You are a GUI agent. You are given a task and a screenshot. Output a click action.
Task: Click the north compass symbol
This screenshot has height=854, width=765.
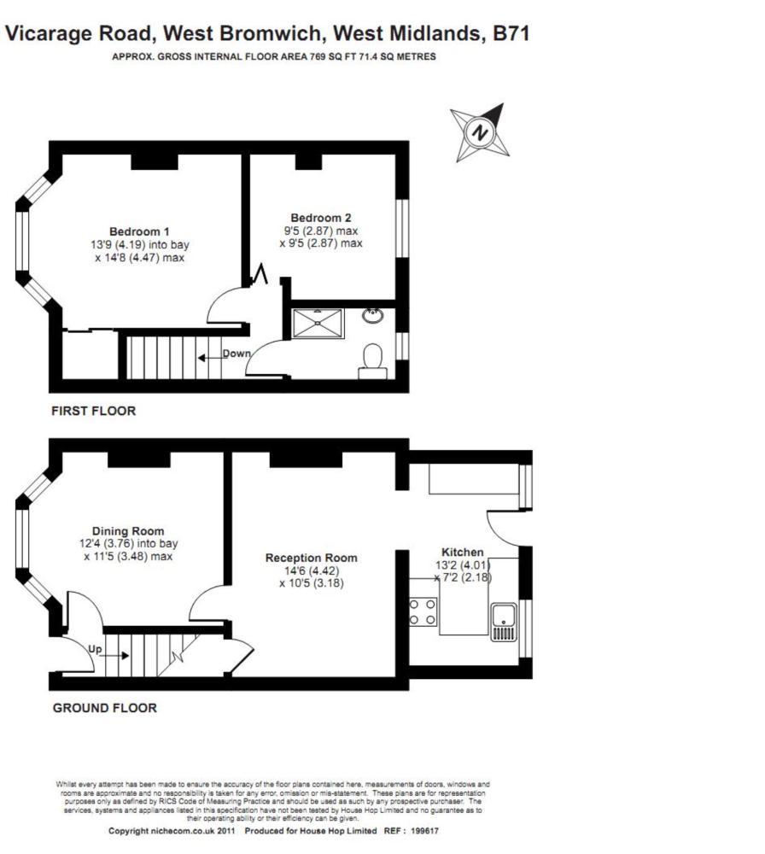(x=480, y=133)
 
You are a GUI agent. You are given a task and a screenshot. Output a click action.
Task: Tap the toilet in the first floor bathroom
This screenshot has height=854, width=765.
(x=372, y=360)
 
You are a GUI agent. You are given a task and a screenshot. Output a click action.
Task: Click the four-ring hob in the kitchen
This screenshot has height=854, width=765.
(x=423, y=611)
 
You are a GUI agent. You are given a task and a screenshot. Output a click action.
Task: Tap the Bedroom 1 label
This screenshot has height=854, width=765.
(x=139, y=231)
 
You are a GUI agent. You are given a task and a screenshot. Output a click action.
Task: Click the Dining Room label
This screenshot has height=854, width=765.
(x=128, y=530)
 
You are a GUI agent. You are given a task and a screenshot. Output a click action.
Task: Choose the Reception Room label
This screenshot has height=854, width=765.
(x=311, y=558)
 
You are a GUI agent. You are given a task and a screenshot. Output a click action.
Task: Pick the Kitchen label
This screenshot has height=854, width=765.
(x=462, y=552)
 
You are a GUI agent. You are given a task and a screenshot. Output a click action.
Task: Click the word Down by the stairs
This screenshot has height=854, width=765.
(x=237, y=354)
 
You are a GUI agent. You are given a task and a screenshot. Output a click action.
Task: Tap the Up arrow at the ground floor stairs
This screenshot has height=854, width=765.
(x=111, y=653)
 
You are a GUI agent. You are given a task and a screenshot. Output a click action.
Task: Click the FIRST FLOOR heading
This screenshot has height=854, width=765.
(x=94, y=411)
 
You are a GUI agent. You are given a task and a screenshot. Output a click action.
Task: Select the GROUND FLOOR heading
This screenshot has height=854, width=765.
(x=104, y=707)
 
